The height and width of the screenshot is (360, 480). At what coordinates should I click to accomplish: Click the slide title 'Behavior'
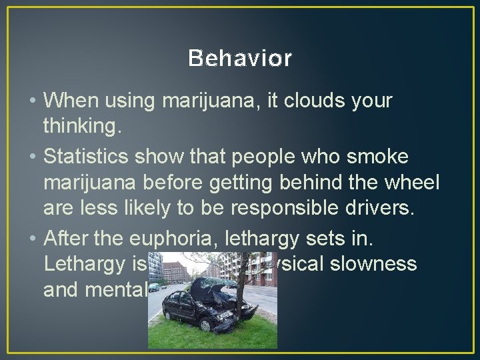coord(240,59)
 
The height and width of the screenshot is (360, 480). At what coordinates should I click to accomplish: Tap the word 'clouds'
coord(313,101)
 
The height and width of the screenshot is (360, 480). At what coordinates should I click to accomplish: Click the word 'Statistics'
coord(88,157)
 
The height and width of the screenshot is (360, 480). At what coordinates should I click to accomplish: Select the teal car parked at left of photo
coord(153,287)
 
